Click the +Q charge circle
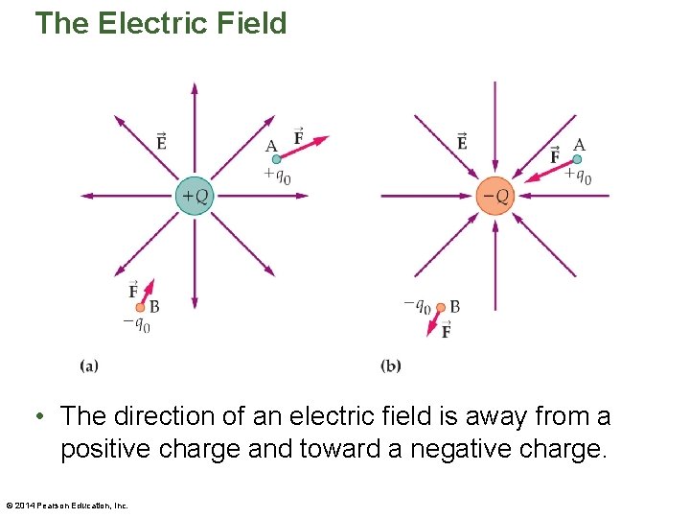(195, 196)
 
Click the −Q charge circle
(495, 196)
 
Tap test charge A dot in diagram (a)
(277, 159)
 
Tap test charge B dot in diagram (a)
(141, 307)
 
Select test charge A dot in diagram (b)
(577, 159)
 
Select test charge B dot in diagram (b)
(440, 307)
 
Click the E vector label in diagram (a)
(161, 142)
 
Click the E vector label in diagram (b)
(462, 142)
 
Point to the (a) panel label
(89, 365)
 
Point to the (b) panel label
(390, 365)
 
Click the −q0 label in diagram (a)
(136, 323)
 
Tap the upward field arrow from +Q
(195, 125)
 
